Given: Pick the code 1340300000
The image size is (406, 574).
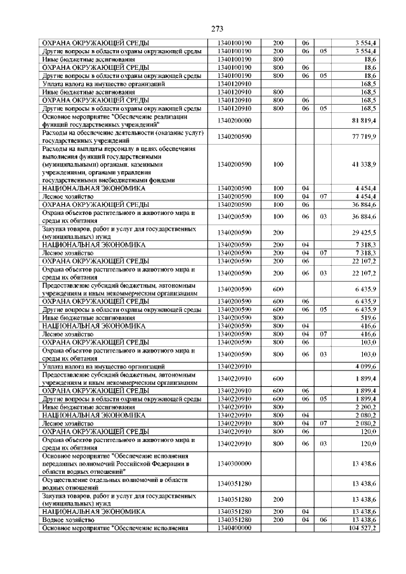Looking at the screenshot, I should coord(235,464).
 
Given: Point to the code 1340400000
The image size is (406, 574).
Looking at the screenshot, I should coord(235,528).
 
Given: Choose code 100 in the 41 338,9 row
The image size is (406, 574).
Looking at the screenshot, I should coord(277,164).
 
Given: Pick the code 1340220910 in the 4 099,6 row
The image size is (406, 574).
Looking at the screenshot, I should coord(235,367).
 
